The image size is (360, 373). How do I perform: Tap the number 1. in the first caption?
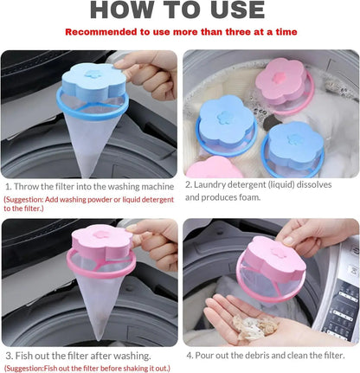click(x=9, y=186)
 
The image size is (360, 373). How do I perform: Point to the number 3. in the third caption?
click(x=9, y=356)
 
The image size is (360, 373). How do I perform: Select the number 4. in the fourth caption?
click(x=190, y=356)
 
